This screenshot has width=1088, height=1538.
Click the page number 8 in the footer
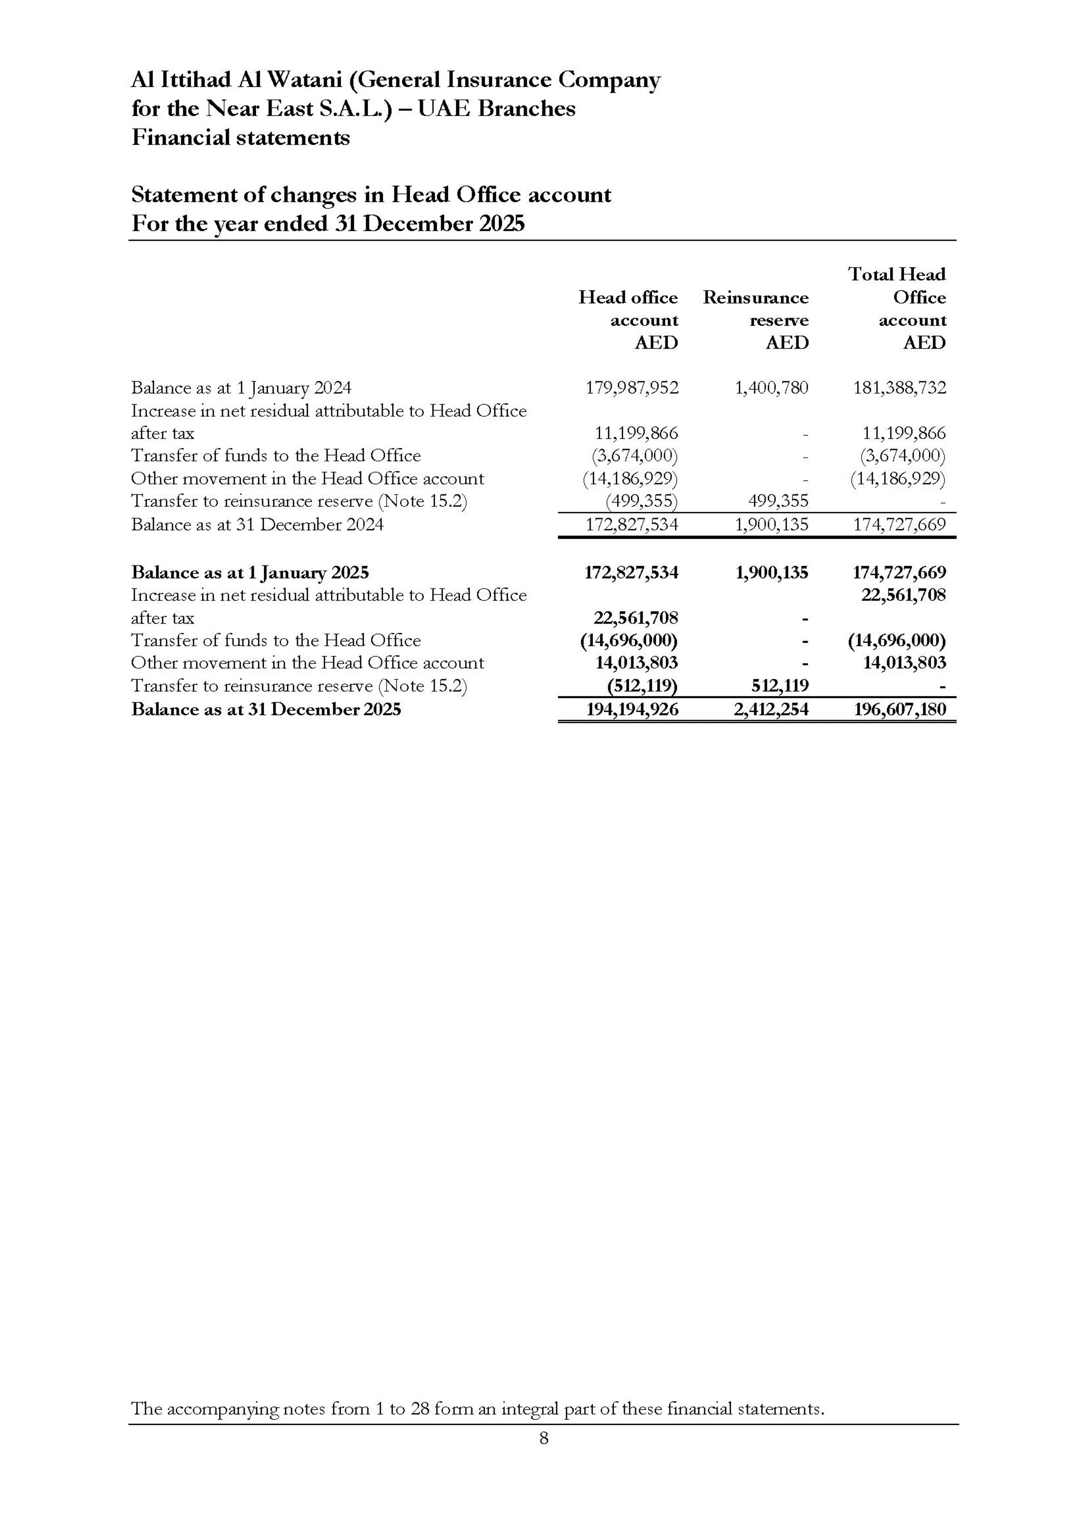click(x=543, y=1439)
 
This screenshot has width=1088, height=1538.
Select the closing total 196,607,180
click(x=899, y=709)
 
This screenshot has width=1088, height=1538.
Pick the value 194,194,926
click(x=632, y=709)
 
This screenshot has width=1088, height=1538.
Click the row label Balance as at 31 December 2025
click(x=266, y=709)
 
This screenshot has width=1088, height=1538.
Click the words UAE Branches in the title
click(x=496, y=108)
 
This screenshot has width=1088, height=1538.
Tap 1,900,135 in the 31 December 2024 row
click(x=771, y=524)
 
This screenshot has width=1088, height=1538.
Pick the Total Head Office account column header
click(x=898, y=308)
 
